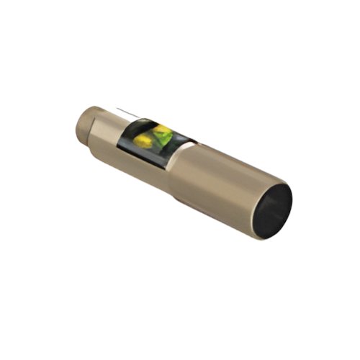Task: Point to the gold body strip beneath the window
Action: pyautogui.click(x=144, y=164)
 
